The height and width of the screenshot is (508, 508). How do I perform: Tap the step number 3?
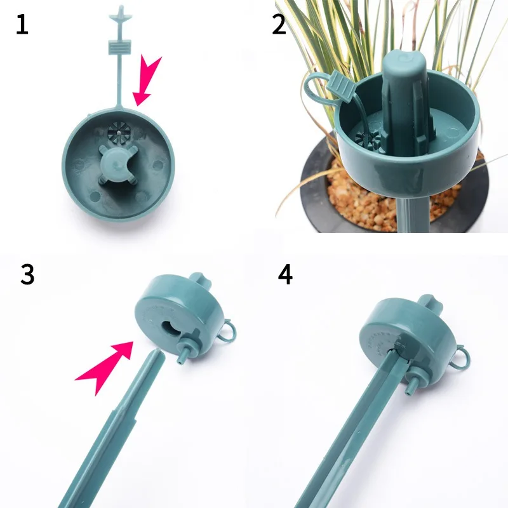click(x=27, y=274)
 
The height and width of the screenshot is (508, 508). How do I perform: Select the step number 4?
click(x=285, y=274)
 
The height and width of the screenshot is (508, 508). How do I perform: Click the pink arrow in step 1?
click(x=148, y=80)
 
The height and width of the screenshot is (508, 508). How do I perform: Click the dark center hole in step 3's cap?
click(x=172, y=329)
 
